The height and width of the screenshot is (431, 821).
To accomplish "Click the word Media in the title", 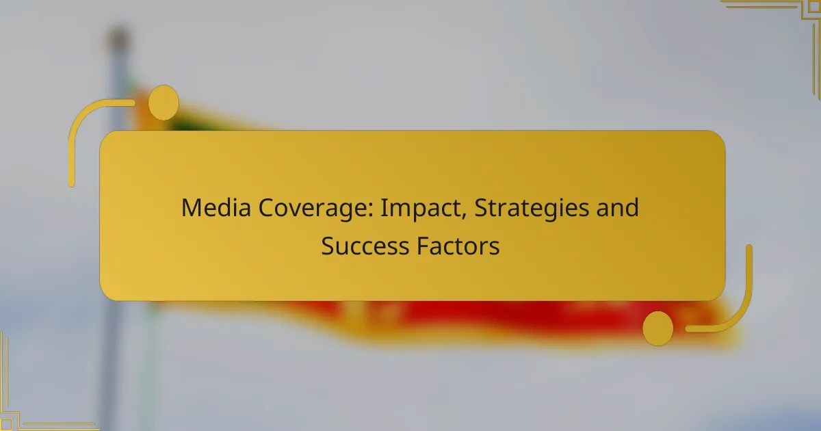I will (x=216, y=208).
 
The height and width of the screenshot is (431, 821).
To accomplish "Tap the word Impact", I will (x=412, y=208).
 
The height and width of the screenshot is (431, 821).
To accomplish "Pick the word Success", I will (x=364, y=246).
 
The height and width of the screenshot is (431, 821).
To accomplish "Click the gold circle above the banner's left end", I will (x=164, y=103).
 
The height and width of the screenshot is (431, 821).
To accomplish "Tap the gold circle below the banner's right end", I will (x=657, y=328).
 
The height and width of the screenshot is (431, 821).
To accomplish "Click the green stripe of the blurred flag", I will (x=185, y=124).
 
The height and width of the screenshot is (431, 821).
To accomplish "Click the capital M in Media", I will (x=190, y=208).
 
